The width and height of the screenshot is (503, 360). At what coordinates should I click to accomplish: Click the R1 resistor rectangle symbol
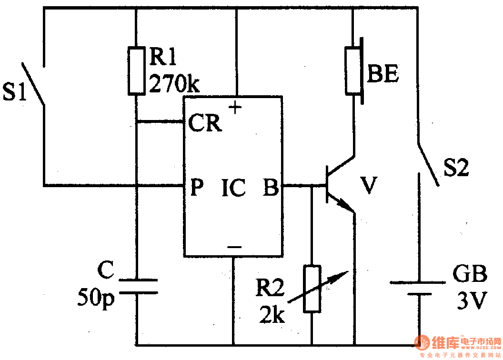click(136, 70)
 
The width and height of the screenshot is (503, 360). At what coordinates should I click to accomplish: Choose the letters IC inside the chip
click(233, 188)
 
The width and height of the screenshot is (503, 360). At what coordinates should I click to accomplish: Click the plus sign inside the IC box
click(235, 108)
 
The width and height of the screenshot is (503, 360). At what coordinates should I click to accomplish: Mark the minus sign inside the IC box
click(234, 247)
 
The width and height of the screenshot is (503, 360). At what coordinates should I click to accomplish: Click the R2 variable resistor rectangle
click(312, 289)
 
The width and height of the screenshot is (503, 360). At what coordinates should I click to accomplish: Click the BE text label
click(383, 76)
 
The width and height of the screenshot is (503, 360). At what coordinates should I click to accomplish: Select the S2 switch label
click(455, 169)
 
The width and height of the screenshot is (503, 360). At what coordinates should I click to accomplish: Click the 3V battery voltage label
click(472, 300)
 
